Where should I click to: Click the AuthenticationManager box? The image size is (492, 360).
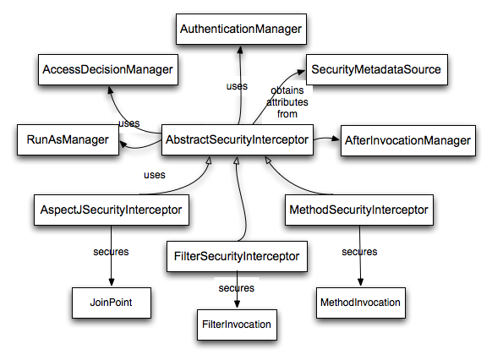(x=240, y=30)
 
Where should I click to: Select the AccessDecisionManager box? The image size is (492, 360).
(x=107, y=68)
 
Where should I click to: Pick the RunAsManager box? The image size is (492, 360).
(x=67, y=139)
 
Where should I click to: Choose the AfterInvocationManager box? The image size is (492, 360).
(x=407, y=139)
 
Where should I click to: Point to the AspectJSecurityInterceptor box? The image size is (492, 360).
(x=111, y=209)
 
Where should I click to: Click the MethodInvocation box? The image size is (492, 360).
(x=359, y=300)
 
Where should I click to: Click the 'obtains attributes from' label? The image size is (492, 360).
(x=289, y=101)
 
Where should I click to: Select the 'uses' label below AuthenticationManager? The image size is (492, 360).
(x=238, y=86)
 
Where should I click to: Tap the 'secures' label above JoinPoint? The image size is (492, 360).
(x=110, y=252)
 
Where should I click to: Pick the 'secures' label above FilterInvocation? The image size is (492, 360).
(x=236, y=288)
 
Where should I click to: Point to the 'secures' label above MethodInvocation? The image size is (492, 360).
(x=359, y=252)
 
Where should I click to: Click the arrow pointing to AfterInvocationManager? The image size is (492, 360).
(x=326, y=138)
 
